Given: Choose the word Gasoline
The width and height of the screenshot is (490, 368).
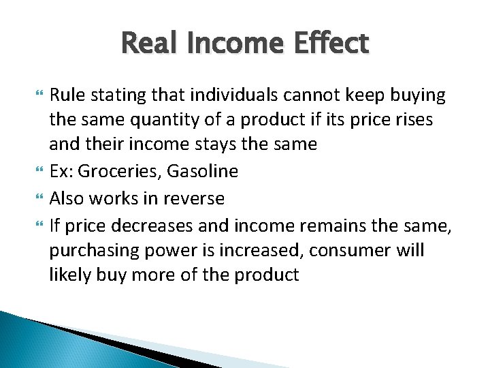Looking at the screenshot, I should (206, 171).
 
